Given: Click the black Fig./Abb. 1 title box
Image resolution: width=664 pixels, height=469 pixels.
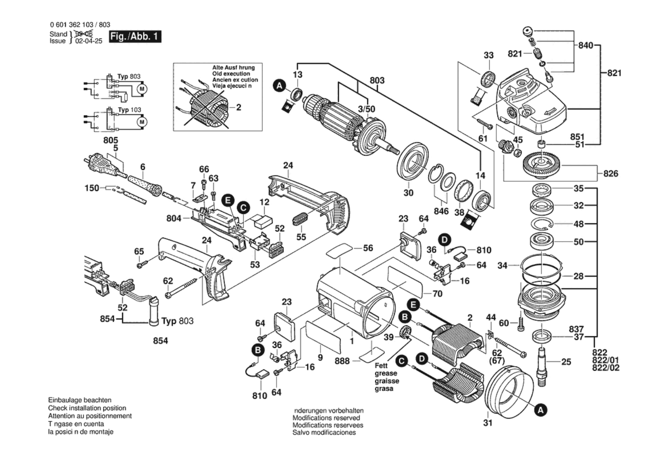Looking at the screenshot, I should click(x=135, y=36).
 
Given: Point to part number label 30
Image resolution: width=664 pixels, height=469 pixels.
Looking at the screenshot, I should click(x=408, y=193).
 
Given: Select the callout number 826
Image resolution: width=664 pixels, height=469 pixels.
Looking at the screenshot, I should click(x=610, y=174).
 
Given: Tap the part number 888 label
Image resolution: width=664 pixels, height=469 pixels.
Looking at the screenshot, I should click(x=342, y=361).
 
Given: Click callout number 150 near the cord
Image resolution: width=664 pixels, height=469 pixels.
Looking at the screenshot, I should click(x=92, y=188).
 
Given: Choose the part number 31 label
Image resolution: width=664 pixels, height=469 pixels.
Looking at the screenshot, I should click(x=487, y=423).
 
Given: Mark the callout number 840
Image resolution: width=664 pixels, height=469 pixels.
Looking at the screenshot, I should click(x=585, y=45).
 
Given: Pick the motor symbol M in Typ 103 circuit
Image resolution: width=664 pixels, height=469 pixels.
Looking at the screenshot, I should click(x=142, y=122).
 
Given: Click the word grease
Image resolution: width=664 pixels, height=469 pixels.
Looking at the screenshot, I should click(x=386, y=373).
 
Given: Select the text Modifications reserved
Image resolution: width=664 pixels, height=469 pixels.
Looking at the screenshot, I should click(x=326, y=418).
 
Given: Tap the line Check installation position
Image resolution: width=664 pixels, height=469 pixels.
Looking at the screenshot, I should click(x=87, y=408).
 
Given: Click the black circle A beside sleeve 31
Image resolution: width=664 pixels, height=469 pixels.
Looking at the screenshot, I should click(x=540, y=410).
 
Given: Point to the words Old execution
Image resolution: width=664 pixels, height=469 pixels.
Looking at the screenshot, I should click(x=231, y=74).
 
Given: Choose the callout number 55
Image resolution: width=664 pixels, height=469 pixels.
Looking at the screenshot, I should click(x=301, y=237).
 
